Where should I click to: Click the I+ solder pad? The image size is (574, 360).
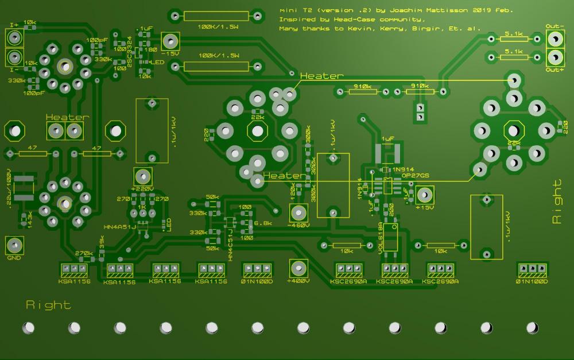pos(14,38)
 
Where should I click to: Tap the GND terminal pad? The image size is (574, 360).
pos(14,246)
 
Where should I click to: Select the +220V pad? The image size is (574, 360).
pos(142,176)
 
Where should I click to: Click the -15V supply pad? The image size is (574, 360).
pos(170,41)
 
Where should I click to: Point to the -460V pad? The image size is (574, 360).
pos(298,213)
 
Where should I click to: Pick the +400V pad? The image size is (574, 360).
pos(297,268)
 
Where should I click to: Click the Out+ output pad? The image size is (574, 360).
pos(555,57)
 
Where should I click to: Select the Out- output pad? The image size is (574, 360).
pos(555,39)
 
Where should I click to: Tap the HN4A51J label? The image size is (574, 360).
pos(119,227)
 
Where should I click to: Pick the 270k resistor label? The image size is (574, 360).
pos(84,253)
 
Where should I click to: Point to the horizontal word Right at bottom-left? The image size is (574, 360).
pos(49,305)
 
